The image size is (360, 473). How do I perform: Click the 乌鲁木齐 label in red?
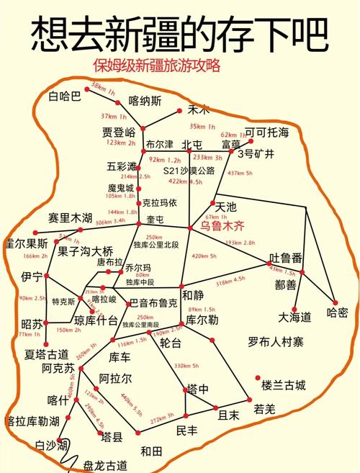tap(222, 225)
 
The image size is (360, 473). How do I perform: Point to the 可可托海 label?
tap(266, 132)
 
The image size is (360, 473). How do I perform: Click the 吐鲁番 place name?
tap(285, 258)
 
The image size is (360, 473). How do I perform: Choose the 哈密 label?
tap(337, 312)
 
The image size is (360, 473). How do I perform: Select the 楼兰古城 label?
tap(283, 384)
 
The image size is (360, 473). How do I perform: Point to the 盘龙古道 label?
tap(106, 465)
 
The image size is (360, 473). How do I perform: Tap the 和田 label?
tap(151, 451)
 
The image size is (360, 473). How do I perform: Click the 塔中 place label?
tap(198, 389)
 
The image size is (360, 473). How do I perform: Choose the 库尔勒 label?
tap(202, 320)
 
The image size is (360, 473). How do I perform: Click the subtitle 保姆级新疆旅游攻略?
tap(156, 66)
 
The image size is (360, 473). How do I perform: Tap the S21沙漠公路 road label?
tap(189, 171)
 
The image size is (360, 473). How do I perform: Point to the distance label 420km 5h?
tap(204, 256)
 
